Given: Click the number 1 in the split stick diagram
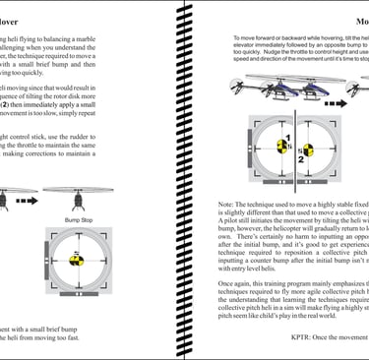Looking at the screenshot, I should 287,139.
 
